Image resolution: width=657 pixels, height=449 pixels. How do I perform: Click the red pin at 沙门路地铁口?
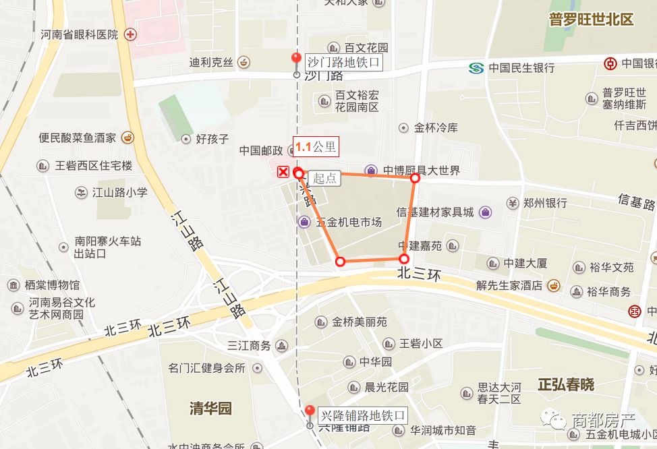pyautogui.click(x=295, y=59)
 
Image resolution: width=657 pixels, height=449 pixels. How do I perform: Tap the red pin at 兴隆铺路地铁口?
pyautogui.click(x=310, y=411)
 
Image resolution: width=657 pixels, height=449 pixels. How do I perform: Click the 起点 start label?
pyautogui.click(x=325, y=178)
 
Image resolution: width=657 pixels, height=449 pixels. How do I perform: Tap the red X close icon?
pyautogui.click(x=283, y=173)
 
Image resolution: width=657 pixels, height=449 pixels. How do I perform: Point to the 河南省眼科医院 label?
pyautogui.click(x=79, y=34)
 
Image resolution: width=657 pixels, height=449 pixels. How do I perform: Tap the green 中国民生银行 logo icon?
pyautogui.click(x=477, y=67)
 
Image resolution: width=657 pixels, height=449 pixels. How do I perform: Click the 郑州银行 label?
pyautogui.click(x=546, y=203)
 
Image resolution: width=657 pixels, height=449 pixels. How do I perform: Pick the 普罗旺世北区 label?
pyautogui.click(x=591, y=20)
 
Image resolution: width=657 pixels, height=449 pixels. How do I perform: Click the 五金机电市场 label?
pyautogui.click(x=349, y=222)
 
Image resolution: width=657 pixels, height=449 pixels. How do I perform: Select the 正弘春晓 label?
pyautogui.click(x=566, y=384)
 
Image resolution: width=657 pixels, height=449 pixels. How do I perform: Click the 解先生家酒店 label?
pyautogui.click(x=509, y=285)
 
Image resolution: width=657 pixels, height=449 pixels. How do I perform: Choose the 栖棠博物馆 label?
pyautogui.click(x=53, y=285)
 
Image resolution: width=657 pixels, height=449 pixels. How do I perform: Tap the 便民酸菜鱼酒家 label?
pyautogui.click(x=77, y=138)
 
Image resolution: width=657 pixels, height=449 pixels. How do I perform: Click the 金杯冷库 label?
pyautogui.click(x=436, y=127)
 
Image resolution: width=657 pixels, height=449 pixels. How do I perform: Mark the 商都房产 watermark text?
pyautogui.click(x=603, y=419)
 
